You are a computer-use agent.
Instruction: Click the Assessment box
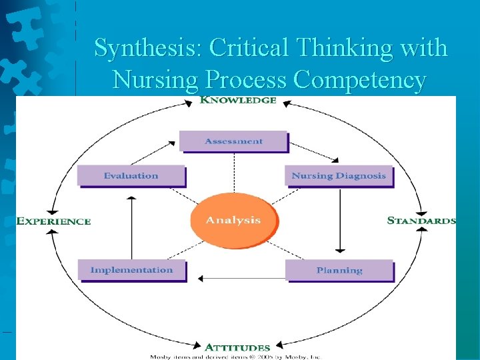tap(233, 141)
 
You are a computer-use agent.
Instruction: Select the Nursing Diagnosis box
tap(338, 176)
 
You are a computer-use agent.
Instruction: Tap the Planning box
tap(339, 270)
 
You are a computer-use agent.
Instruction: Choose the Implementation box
tap(131, 270)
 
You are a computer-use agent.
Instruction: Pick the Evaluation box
tap(131, 176)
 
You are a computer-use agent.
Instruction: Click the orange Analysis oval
tap(233, 220)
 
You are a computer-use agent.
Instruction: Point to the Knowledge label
tap(238, 101)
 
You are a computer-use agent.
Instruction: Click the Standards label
tap(421, 220)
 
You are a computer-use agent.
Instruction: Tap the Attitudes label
tap(237, 347)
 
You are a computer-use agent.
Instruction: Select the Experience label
tap(53, 221)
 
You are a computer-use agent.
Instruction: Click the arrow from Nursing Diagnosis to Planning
tap(340, 220)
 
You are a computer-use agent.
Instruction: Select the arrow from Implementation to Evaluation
tap(131, 227)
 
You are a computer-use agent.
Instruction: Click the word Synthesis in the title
tap(147, 48)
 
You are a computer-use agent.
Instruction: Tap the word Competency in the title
tap(359, 80)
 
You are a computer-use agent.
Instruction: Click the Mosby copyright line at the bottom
tap(234, 357)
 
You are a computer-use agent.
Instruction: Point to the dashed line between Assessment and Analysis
tap(234, 172)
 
